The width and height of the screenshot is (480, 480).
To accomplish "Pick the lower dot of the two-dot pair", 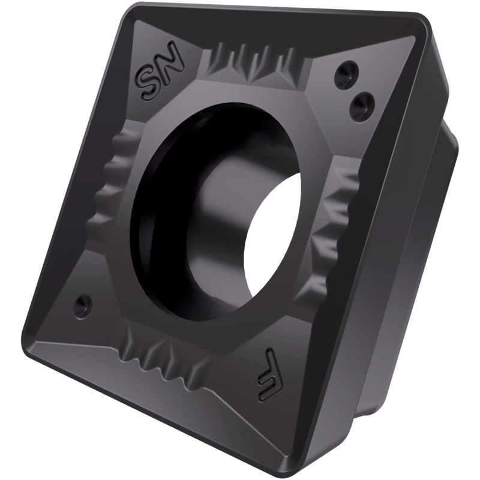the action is [362, 103].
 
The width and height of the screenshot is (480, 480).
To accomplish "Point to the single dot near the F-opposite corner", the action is [83, 305].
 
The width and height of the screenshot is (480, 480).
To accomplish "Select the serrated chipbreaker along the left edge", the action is [114, 178].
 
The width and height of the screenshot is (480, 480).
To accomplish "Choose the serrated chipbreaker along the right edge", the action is [337, 227].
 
